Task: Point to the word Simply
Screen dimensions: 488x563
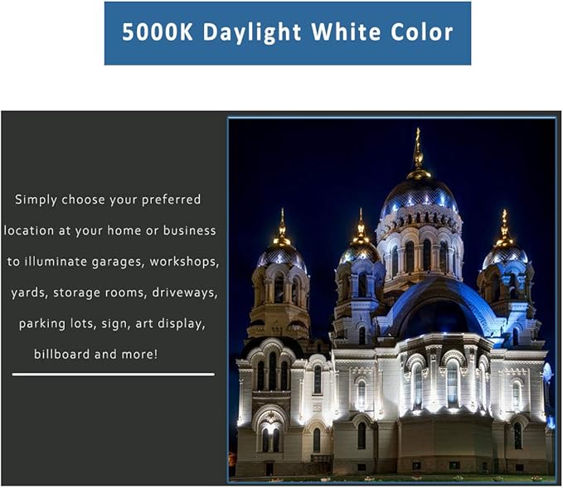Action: [37, 200]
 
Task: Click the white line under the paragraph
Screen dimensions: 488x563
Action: [113, 374]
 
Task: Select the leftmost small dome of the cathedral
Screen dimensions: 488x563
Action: [281, 256]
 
